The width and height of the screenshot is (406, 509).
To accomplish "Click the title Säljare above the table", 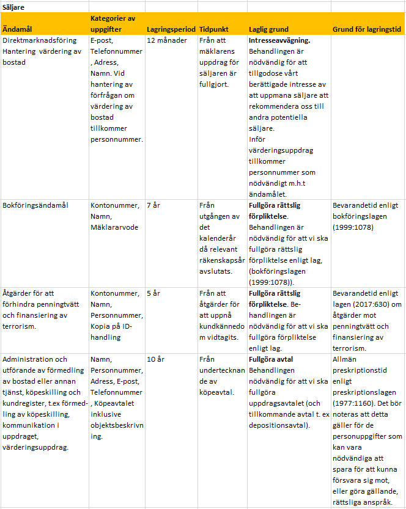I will (14, 6).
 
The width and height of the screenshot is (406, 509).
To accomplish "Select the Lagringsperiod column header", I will (171, 29).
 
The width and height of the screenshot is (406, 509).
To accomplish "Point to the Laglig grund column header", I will (269, 29).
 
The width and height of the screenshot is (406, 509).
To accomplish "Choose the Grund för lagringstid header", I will (367, 29).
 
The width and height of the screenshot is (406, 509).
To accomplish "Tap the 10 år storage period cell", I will (156, 359).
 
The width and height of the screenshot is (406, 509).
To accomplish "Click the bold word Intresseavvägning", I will (279, 40).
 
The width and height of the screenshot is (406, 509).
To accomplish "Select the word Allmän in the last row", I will (345, 359).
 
